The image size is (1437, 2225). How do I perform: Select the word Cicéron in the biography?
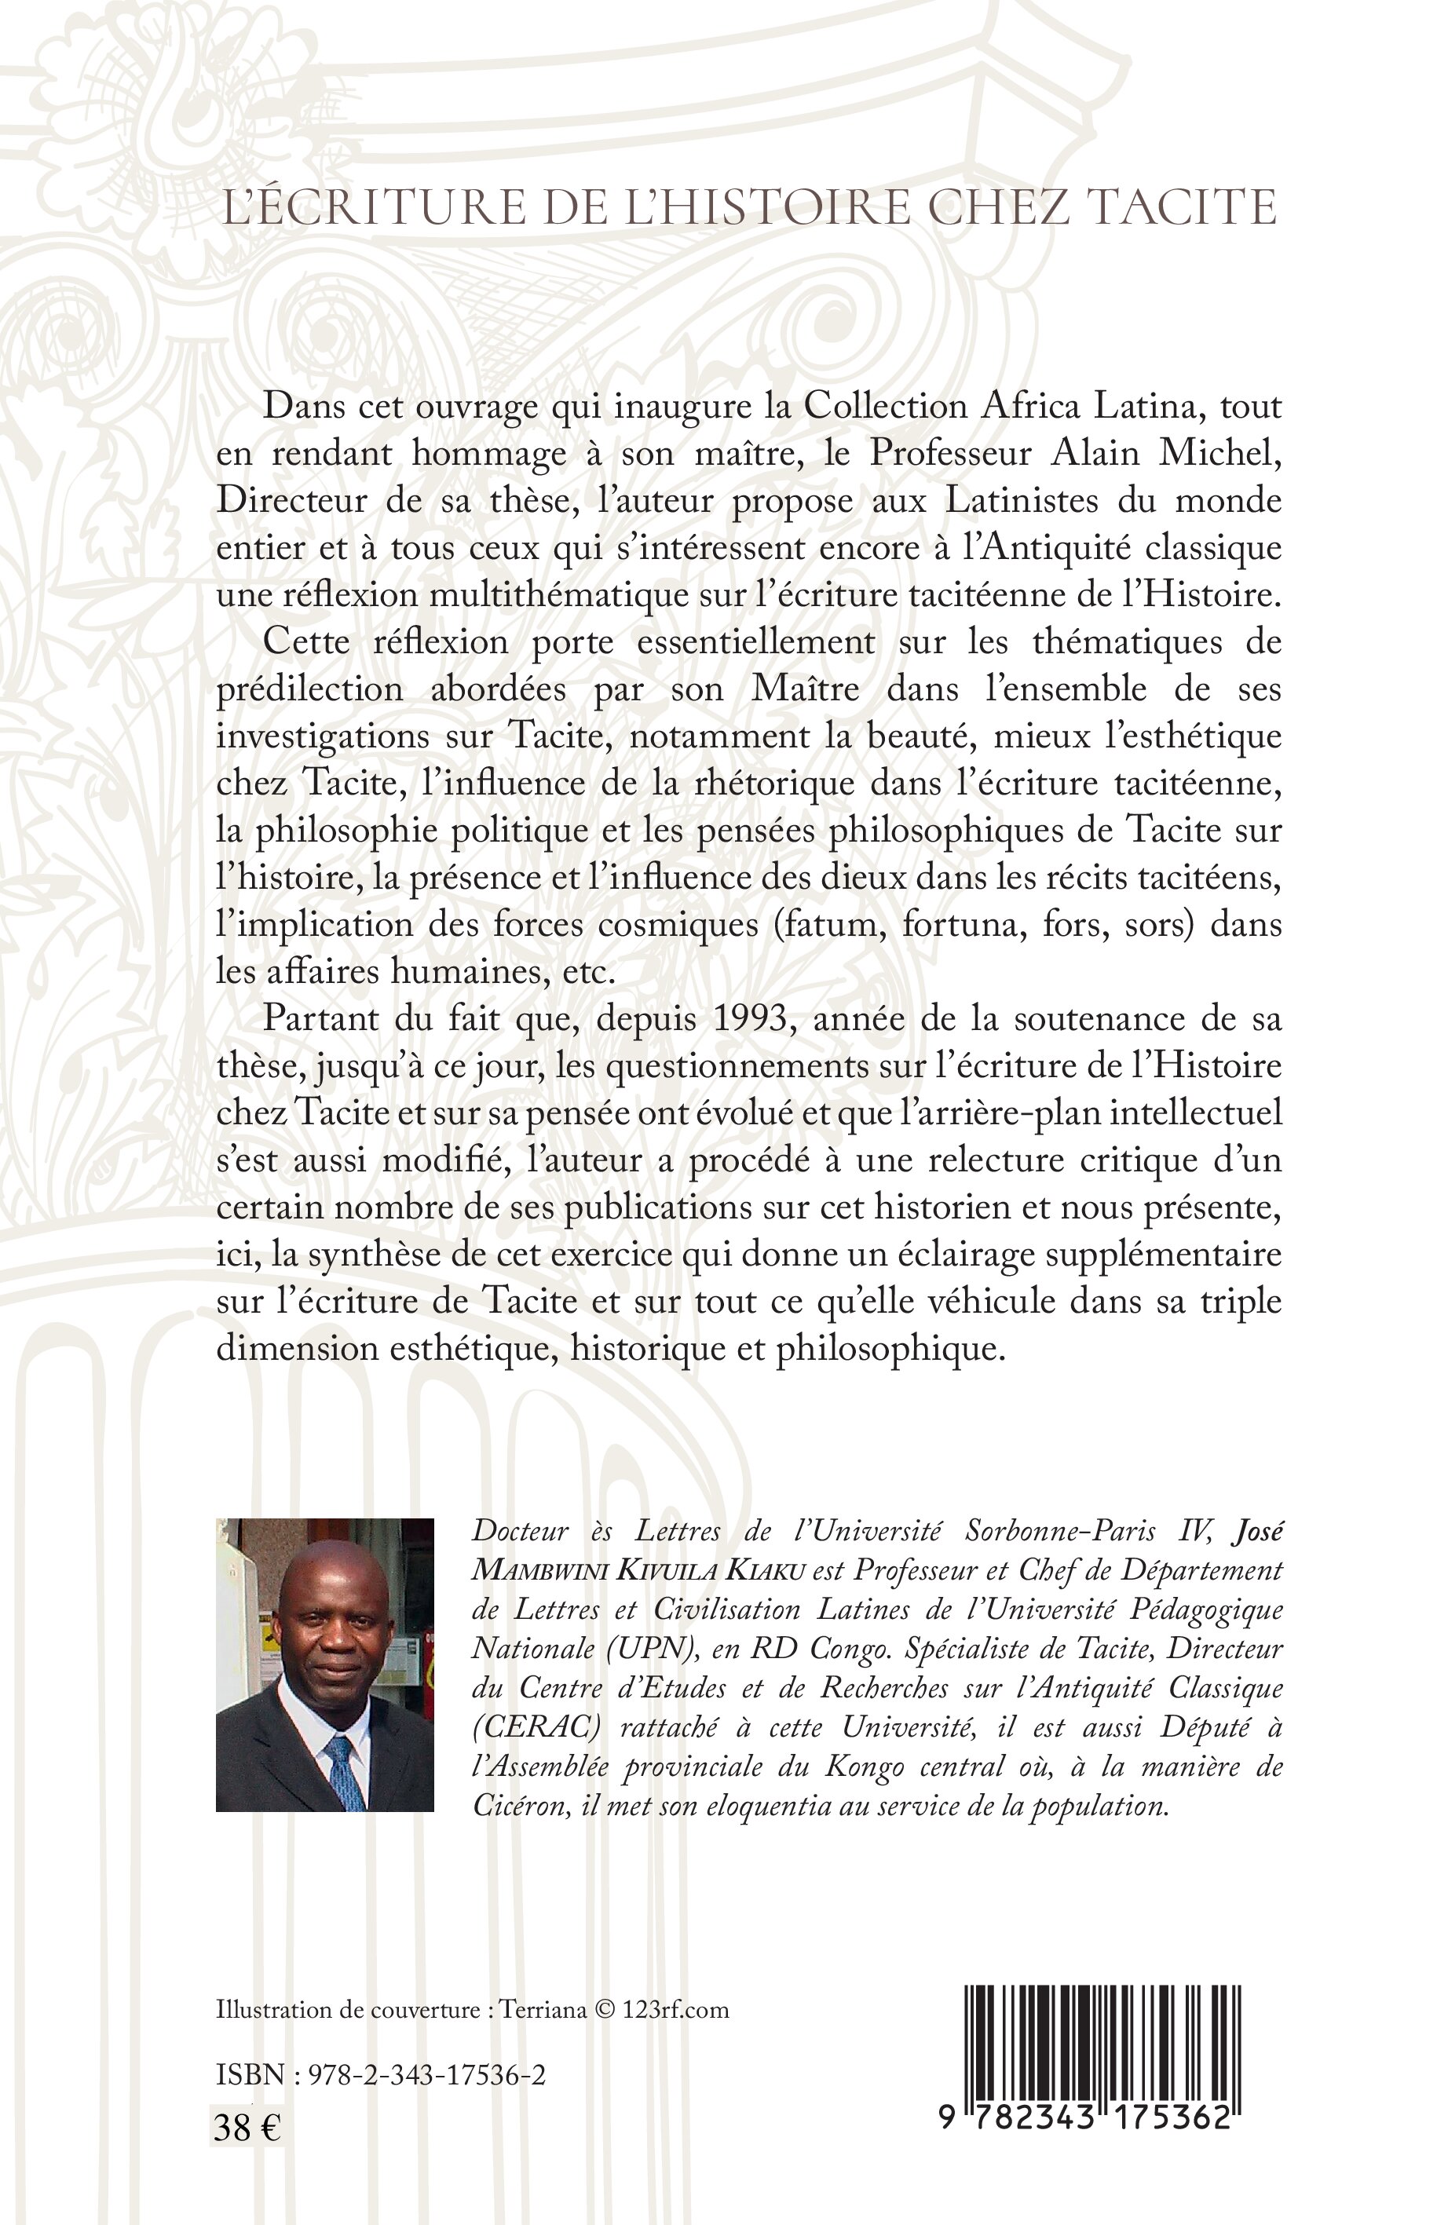tap(521, 1805)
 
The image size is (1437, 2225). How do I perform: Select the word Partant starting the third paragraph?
tap(323, 1019)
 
